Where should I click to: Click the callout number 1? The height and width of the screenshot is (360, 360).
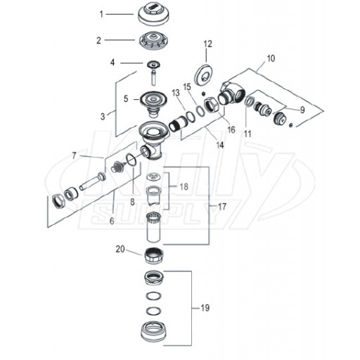pos(101,14)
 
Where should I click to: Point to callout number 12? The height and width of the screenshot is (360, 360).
pos(207,44)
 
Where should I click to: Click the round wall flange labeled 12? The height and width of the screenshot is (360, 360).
pos(204,76)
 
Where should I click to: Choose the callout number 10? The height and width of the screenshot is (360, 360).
pos(271,58)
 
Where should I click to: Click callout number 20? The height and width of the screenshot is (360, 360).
pos(120,249)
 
